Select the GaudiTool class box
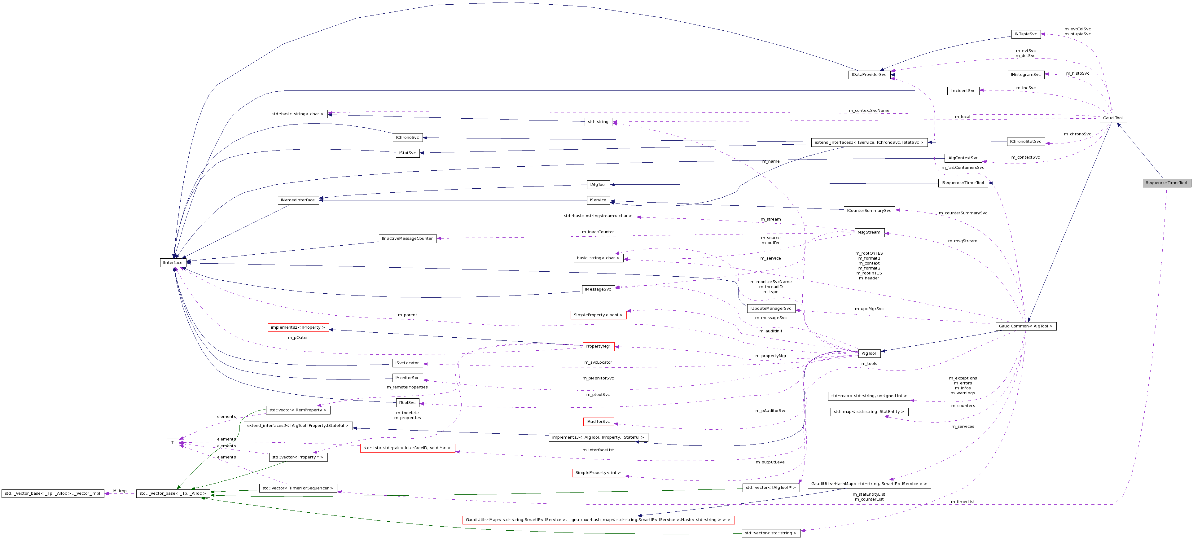[1113, 118]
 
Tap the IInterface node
[173, 263]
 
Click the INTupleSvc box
[1026, 34]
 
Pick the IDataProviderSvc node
[869, 75]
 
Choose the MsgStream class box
[869, 232]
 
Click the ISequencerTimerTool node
[963, 183]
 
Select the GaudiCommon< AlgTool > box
[1026, 326]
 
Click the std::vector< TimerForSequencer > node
[298, 488]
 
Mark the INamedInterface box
[298, 200]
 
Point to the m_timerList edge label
[963, 502]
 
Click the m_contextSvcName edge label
[869, 111]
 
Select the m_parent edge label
[407, 315]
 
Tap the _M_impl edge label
[120, 491]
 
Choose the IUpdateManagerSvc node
[771, 309]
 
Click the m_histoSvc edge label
[1077, 73]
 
